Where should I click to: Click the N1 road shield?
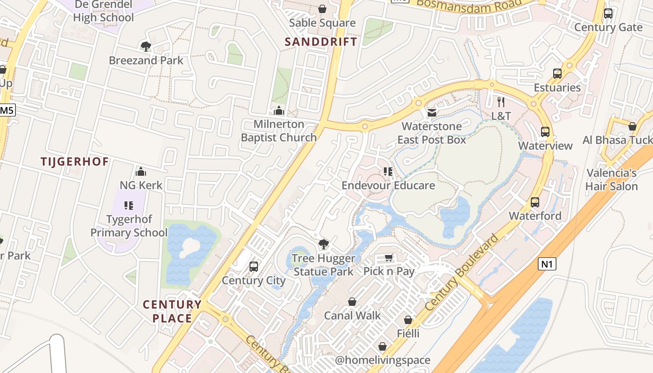(x=548, y=264)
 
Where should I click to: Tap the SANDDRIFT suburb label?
(x=321, y=41)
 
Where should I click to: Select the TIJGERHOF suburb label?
(x=75, y=162)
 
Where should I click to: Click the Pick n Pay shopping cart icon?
(x=389, y=258)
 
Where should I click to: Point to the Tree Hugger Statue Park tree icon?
(x=323, y=244)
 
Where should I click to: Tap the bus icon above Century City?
(x=254, y=266)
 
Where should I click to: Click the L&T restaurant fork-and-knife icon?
(x=501, y=102)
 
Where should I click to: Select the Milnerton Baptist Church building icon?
(x=279, y=111)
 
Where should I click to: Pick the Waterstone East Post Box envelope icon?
(x=432, y=112)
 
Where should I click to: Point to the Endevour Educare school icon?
(x=388, y=172)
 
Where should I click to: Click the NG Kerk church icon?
(x=141, y=172)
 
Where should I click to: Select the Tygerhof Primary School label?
(x=129, y=226)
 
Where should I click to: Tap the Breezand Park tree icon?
(x=146, y=46)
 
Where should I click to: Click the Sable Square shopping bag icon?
(x=322, y=9)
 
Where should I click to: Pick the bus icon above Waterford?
(x=535, y=202)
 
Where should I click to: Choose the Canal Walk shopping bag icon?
(x=352, y=302)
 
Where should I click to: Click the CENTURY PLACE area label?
(x=172, y=311)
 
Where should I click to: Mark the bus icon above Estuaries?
(x=557, y=73)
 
